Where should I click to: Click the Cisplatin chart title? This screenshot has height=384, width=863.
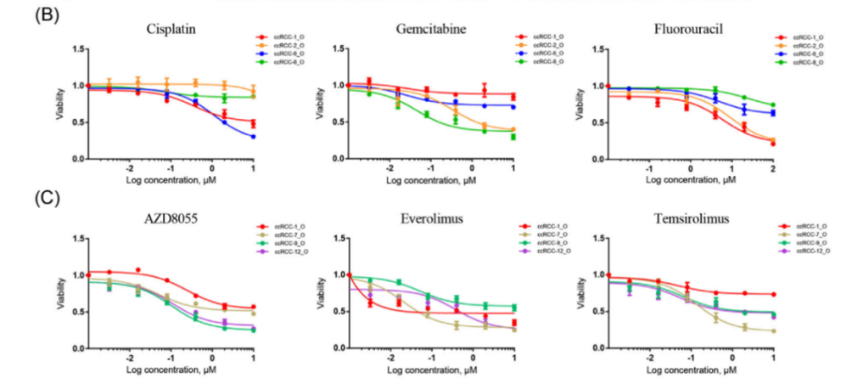(171, 29)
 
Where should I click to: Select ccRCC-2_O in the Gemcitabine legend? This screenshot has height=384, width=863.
(546, 44)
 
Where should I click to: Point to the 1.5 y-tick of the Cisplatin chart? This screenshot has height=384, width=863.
(78, 49)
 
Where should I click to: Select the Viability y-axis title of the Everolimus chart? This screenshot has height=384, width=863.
(317, 293)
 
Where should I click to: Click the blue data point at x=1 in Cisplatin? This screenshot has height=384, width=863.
(254, 137)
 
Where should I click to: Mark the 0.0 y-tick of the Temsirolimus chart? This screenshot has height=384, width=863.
(594, 349)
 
